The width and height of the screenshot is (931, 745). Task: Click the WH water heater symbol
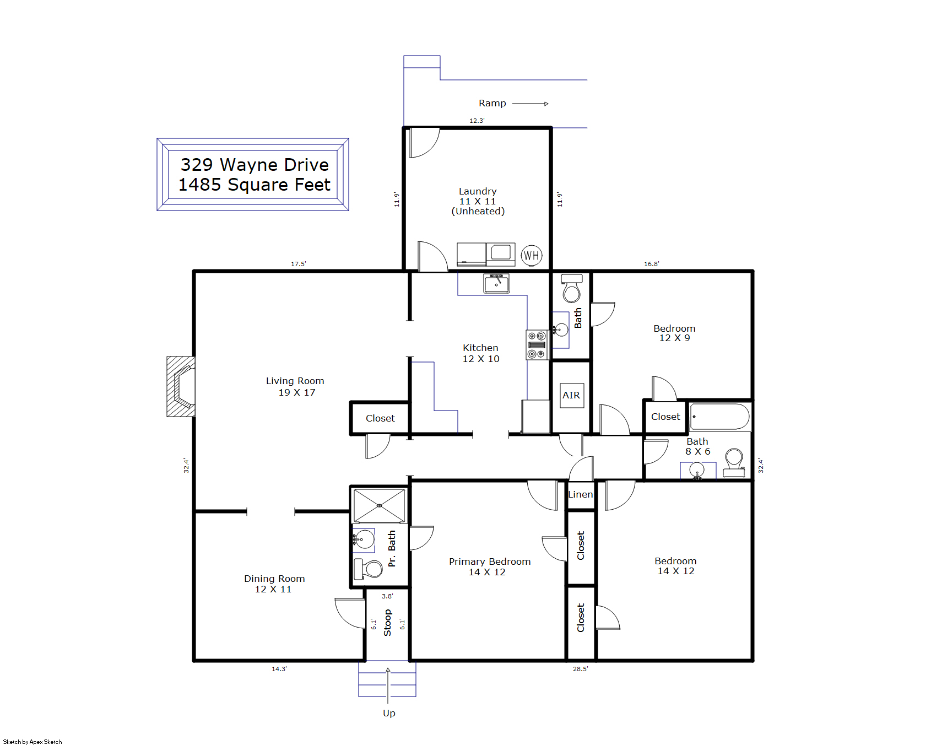532,255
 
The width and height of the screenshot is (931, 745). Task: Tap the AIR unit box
572,395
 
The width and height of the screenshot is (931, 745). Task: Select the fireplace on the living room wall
181,386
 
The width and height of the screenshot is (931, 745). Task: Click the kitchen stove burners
537,345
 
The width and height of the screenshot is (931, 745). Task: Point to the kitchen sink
496,283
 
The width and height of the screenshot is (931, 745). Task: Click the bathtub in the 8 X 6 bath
720,417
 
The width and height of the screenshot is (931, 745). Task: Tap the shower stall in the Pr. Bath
379,505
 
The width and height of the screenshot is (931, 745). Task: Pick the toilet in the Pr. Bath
368,569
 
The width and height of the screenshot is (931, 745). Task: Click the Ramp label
492,103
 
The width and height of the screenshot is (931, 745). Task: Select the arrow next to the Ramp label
531,104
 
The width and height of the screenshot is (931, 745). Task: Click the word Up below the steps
389,713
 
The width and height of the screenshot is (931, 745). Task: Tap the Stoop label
387,623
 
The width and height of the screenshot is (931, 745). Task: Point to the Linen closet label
581,494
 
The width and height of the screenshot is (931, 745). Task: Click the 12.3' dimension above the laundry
477,121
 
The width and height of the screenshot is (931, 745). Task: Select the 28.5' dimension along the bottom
581,669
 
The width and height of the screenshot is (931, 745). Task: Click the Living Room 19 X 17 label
296,386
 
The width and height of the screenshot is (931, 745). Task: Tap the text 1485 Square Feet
255,185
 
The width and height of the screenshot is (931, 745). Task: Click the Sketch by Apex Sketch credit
33,742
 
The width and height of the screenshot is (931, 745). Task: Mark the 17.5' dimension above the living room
299,264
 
